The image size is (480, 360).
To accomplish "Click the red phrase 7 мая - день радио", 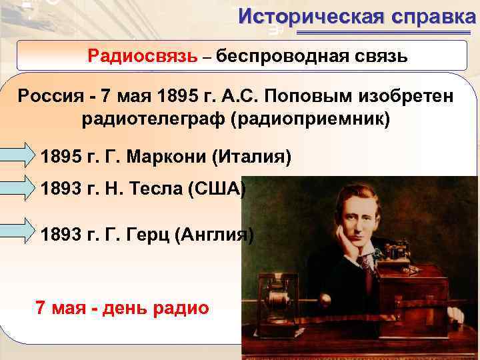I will click(x=121, y=308).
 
